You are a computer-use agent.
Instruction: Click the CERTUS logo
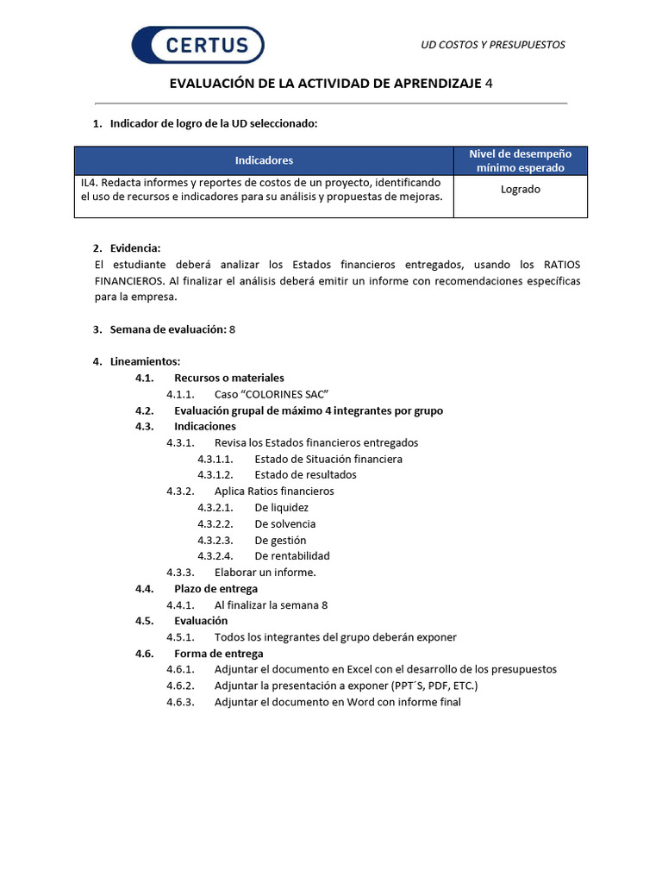coord(197,45)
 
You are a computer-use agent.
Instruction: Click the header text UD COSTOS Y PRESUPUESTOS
coord(492,45)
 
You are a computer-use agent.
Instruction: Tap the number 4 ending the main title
coord(490,84)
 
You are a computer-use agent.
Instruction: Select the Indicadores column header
coord(264,160)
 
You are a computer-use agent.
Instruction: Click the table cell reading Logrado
coord(521,189)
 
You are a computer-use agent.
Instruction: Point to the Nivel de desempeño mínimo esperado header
coord(521,160)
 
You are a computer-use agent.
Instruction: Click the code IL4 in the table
coord(90,183)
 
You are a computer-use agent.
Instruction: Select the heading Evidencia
coord(135,248)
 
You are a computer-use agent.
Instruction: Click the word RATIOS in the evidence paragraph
coord(562,265)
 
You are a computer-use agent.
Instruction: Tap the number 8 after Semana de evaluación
coord(233,329)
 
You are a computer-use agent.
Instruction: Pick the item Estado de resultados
coord(305,475)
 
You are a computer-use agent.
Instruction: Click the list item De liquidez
coord(281,507)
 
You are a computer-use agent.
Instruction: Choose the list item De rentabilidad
coord(292,556)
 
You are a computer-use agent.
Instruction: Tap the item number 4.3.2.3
coord(215,540)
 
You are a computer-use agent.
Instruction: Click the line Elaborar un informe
coord(265,572)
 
